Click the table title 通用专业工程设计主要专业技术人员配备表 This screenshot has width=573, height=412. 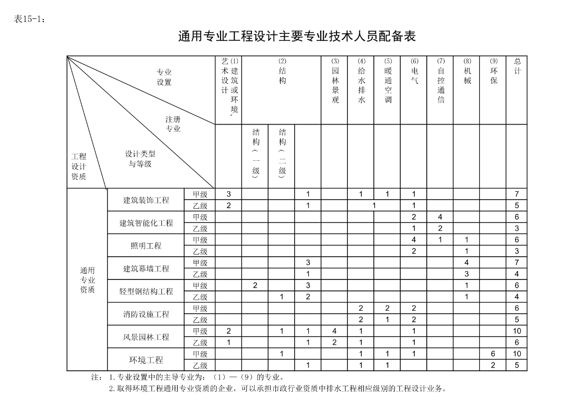point(297,37)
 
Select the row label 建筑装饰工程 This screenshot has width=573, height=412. point(146,200)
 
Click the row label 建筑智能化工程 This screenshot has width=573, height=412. point(146,223)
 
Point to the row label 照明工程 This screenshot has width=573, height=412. point(146,246)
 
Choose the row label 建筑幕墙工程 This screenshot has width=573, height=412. point(146,269)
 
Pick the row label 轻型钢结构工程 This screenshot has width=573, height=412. point(146,292)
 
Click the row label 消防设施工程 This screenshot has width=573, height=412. point(146,314)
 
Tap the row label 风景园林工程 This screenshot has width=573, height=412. point(146,337)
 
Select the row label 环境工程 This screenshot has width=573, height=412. point(146,360)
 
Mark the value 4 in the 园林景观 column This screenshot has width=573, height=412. point(335,331)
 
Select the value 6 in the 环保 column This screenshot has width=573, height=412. point(493,354)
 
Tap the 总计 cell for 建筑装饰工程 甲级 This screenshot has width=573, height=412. point(517,194)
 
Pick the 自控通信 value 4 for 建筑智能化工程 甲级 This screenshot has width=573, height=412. point(441,217)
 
